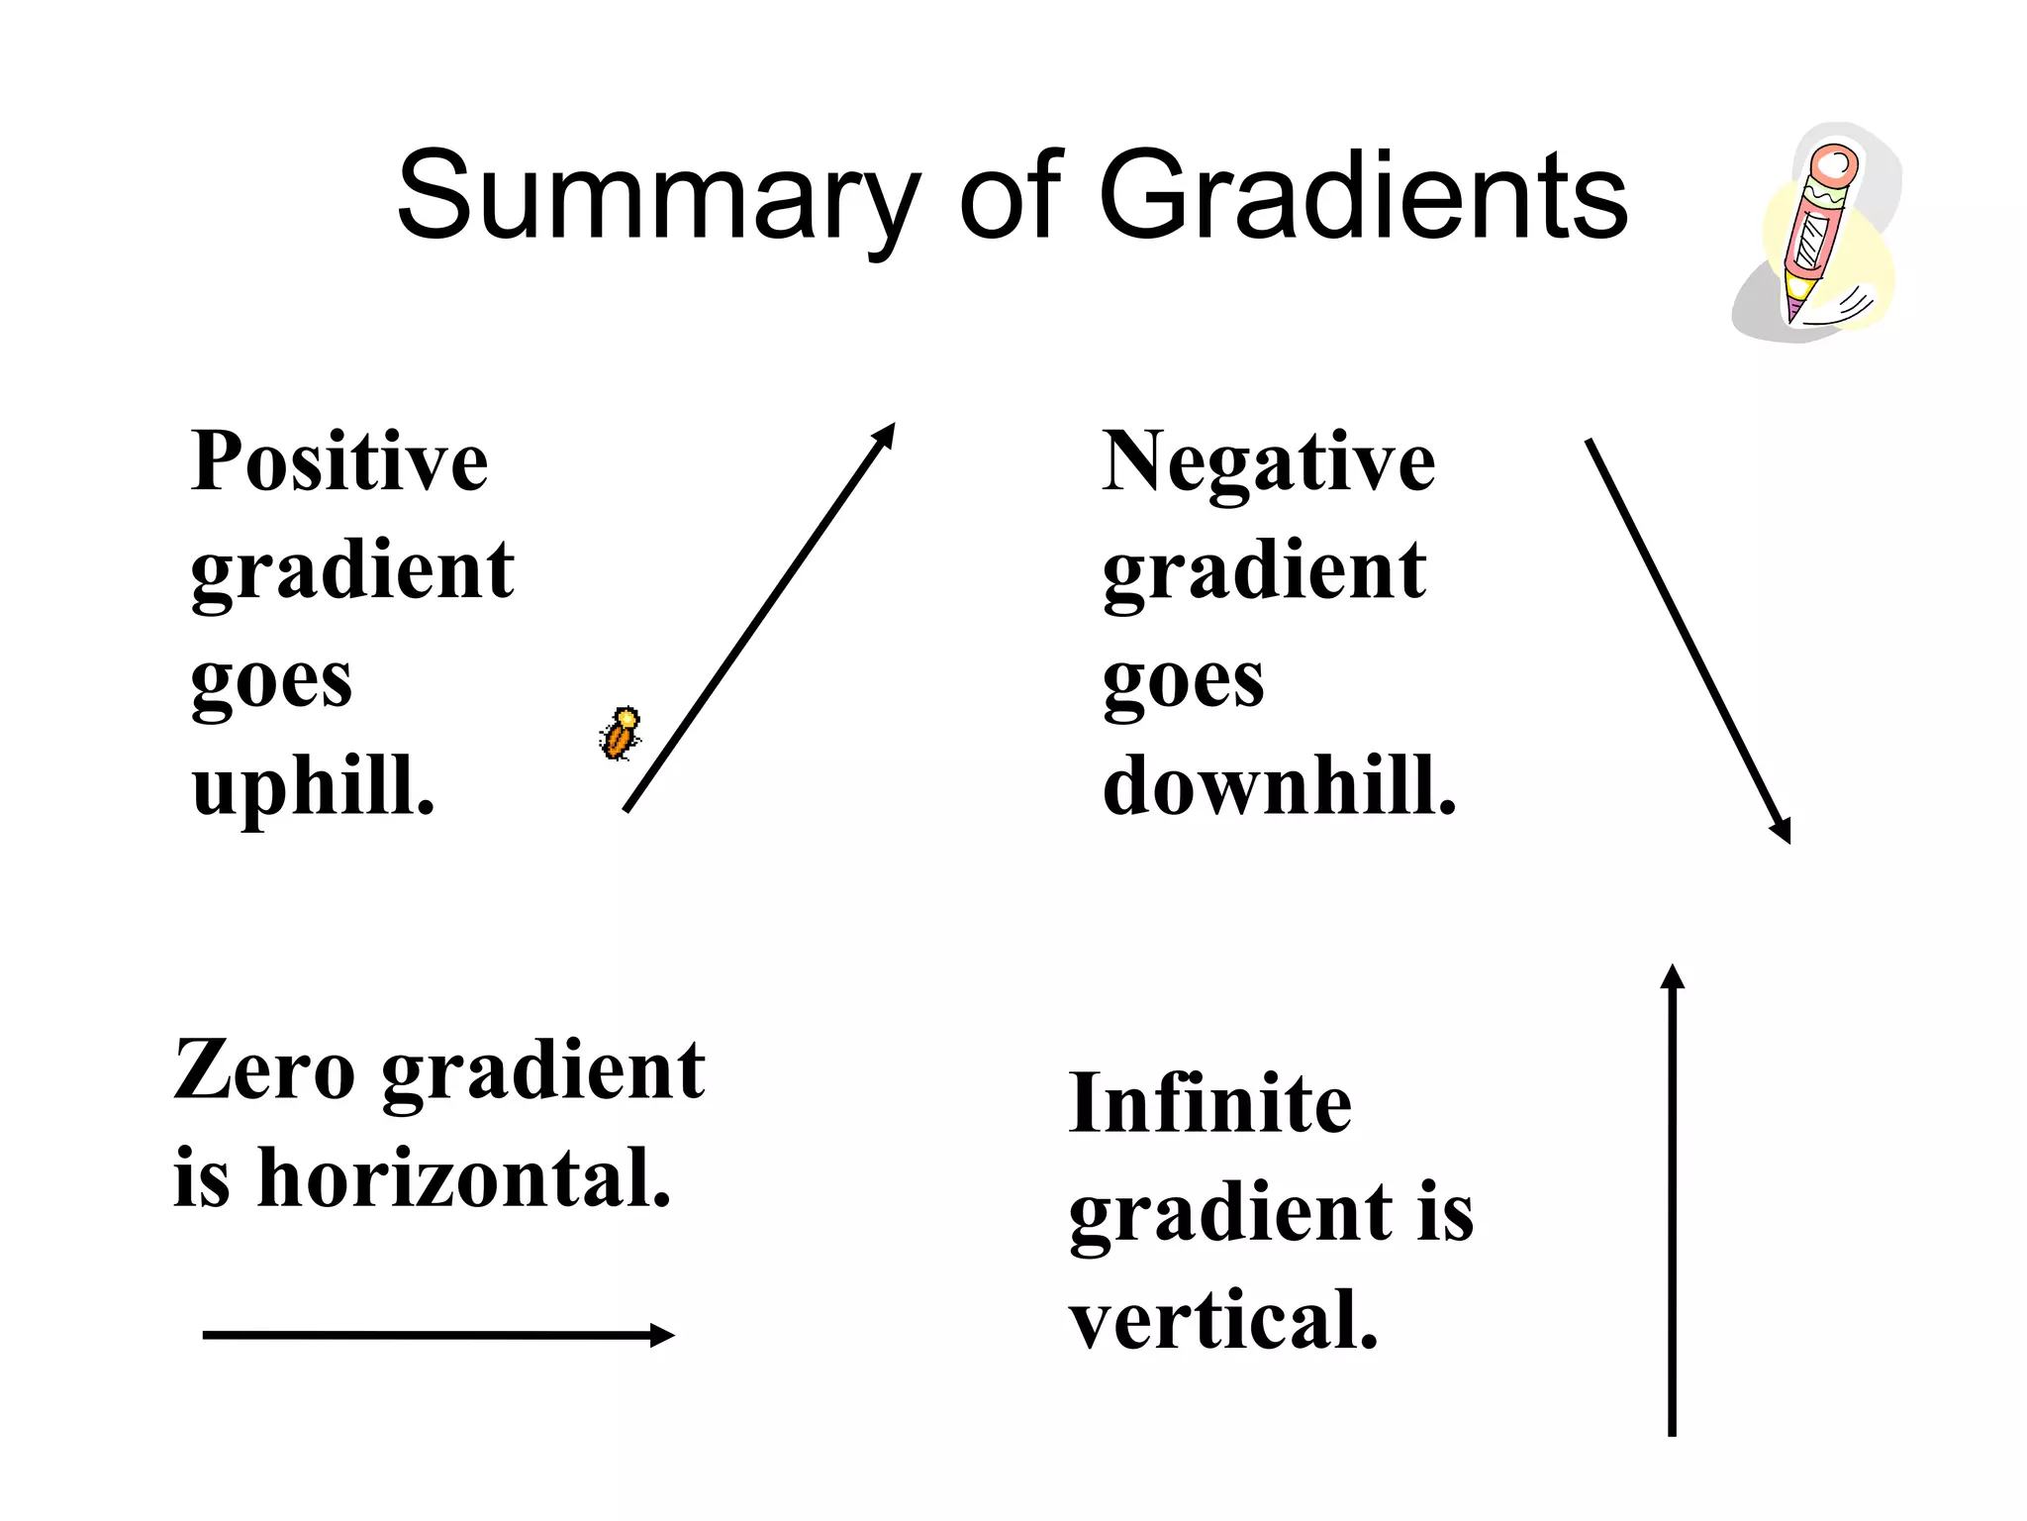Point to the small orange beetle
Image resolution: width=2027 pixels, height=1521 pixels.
pyautogui.click(x=621, y=735)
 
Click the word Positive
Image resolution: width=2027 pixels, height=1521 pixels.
pyautogui.click(x=339, y=461)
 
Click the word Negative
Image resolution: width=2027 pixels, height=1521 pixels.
pyautogui.click(x=1268, y=461)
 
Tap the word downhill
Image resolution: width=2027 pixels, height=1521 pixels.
pyautogui.click(x=1279, y=786)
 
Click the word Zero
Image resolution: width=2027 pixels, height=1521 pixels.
pyautogui.click(x=264, y=1070)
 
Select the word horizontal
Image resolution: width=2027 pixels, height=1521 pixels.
pyautogui.click(x=464, y=1178)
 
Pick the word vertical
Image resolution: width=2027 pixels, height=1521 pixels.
pyautogui.click(x=1223, y=1321)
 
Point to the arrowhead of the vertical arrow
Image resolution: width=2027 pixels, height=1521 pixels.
pyautogui.click(x=1672, y=977)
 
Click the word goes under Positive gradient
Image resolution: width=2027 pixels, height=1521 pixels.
pyautogui.click(x=271, y=681)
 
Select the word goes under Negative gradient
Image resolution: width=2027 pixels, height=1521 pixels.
pyautogui.click(x=1183, y=681)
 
